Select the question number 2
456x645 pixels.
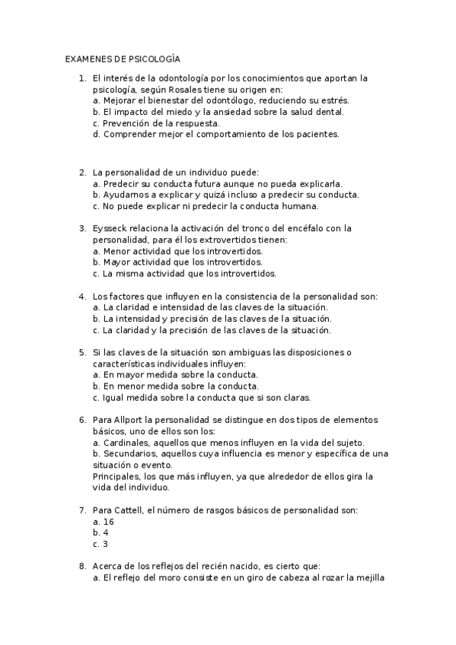coord(82,171)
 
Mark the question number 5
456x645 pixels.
coord(82,352)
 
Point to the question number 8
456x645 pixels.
coord(82,565)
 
